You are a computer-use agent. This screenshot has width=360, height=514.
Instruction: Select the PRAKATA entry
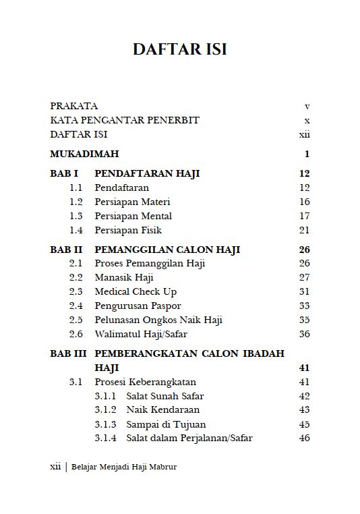click(74, 106)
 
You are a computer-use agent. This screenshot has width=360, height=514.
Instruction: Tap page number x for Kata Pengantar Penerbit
click(306, 120)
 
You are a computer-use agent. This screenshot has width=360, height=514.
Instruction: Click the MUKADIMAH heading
click(84, 154)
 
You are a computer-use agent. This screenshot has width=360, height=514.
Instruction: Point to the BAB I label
click(64, 173)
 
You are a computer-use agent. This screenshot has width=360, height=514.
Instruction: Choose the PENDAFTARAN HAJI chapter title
click(147, 173)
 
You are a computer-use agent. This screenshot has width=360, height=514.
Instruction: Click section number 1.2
click(76, 202)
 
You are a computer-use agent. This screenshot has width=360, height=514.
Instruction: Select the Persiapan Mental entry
click(133, 216)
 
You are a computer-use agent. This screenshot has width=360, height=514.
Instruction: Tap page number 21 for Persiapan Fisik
click(304, 230)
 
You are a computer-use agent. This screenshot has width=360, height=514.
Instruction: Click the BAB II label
click(66, 250)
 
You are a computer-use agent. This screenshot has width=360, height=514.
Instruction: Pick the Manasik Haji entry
click(124, 277)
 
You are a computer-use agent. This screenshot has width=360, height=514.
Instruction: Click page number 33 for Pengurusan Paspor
click(304, 306)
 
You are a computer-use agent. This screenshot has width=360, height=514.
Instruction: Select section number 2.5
click(76, 320)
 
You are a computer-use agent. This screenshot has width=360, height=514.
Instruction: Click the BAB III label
click(68, 353)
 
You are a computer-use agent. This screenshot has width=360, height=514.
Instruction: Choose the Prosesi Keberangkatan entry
click(140, 382)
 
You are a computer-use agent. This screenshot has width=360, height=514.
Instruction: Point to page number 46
click(304, 438)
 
